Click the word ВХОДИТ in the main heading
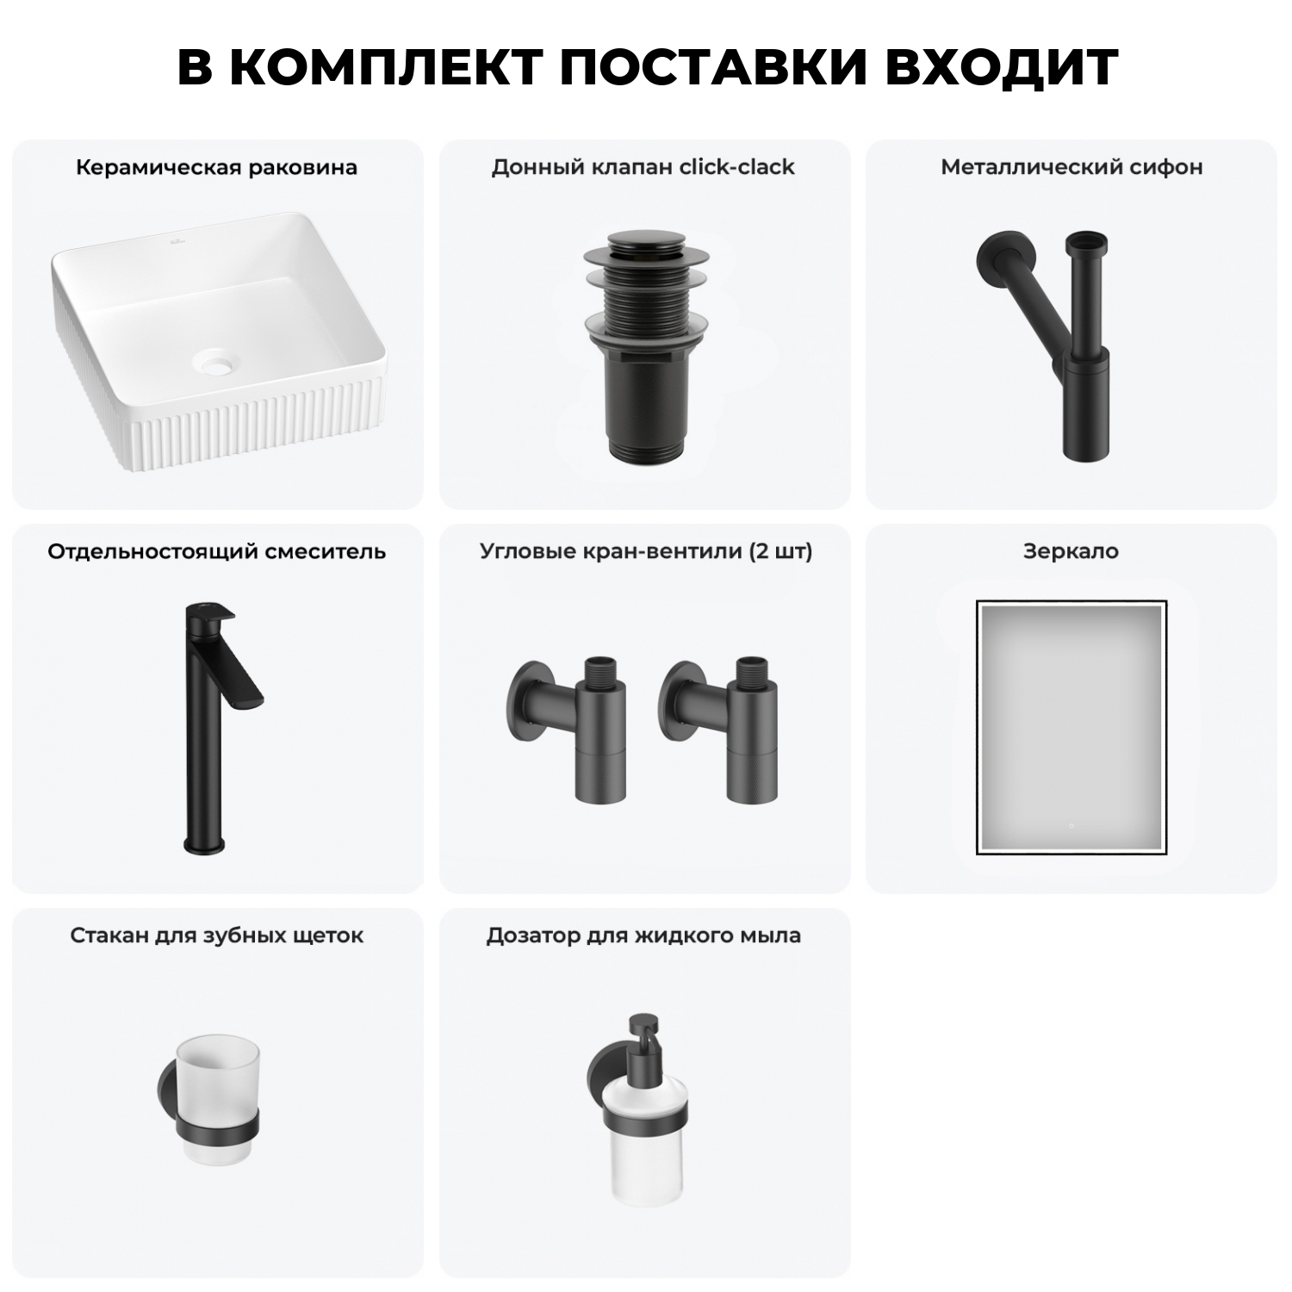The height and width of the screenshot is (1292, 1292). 1001,67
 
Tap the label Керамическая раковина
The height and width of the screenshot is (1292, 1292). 216,167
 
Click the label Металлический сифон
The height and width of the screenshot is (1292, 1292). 1071,167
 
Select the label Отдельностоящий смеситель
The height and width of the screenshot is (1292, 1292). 216,551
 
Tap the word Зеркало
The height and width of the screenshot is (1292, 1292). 1071,551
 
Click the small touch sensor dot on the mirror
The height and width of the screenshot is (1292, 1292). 1071,826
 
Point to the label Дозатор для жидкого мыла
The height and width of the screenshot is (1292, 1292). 643,935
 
